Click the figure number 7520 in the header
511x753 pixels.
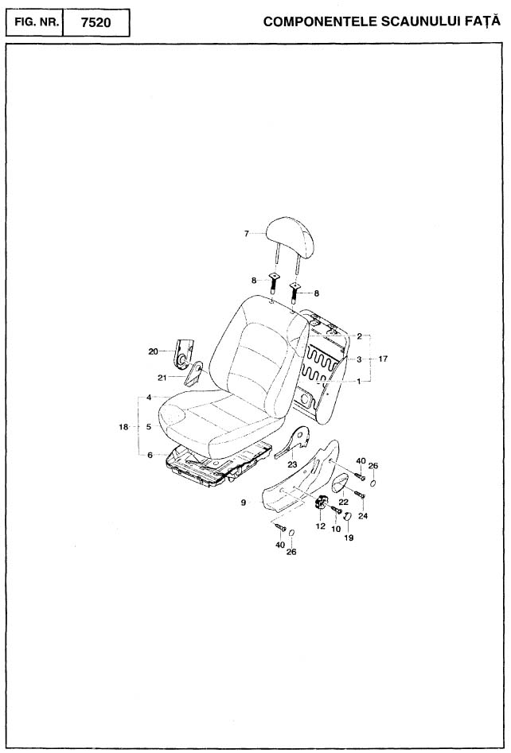click(x=96, y=22)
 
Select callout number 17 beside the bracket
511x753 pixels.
click(x=383, y=359)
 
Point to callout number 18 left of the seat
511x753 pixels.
click(x=123, y=426)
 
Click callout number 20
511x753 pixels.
click(x=153, y=351)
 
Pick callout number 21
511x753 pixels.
click(x=162, y=378)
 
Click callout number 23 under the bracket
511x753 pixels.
click(x=292, y=464)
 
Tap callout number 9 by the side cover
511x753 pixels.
click(x=244, y=503)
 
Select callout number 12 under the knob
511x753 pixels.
click(x=321, y=526)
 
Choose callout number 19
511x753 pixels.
click(x=349, y=538)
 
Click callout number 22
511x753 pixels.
click(x=344, y=502)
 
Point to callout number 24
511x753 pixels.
click(x=363, y=516)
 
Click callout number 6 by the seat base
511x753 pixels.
click(x=150, y=456)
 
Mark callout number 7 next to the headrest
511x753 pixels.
click(x=247, y=234)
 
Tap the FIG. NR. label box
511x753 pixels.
click(x=34, y=22)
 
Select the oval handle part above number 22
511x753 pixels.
click(x=341, y=483)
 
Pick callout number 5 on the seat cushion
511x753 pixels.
click(x=149, y=426)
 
